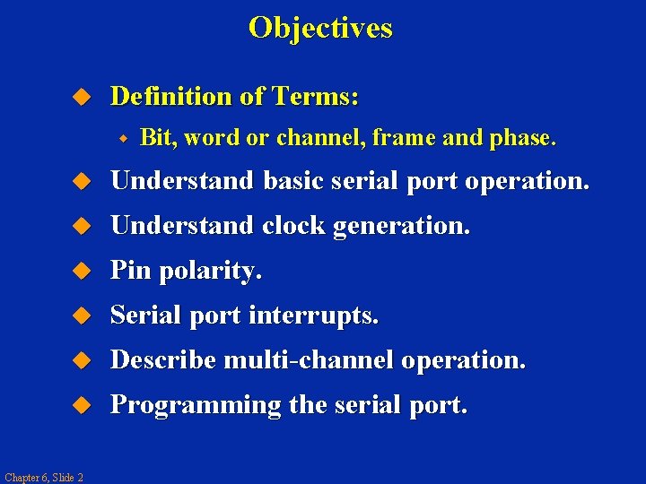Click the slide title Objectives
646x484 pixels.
[320, 28]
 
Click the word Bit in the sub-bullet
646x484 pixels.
[156, 138]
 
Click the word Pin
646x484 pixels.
[131, 271]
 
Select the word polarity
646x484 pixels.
[210, 272]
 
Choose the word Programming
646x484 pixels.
[196, 406]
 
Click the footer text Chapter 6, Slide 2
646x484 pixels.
[43, 477]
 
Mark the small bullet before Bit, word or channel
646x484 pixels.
[126, 139]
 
